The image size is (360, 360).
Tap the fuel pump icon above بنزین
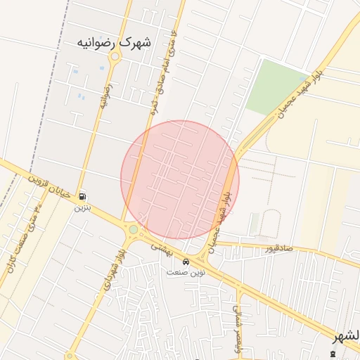pyautogui.click(x=84, y=197)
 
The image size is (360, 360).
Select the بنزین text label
pyautogui.click(x=83, y=208)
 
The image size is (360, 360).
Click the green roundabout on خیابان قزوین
pyautogui.click(x=133, y=229)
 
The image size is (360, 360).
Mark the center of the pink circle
pyautogui.click(x=180, y=180)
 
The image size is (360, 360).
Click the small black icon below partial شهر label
pyautogui.click(x=333, y=352)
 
